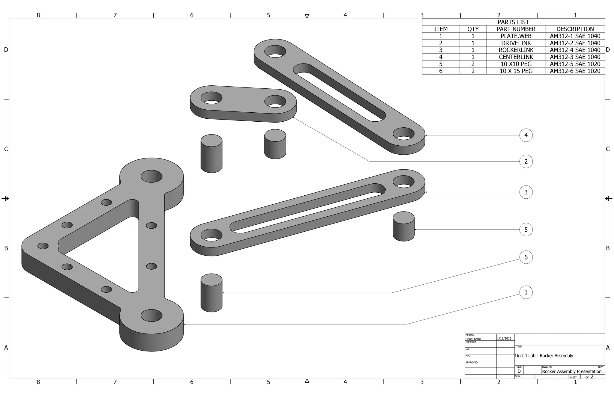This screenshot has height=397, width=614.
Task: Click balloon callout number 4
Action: coord(526,135)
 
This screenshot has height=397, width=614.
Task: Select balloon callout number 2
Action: coord(526,161)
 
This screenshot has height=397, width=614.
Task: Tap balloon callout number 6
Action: coord(526,257)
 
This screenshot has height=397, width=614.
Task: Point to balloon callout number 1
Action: coord(526,292)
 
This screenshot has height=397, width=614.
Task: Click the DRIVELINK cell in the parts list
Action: coord(516,43)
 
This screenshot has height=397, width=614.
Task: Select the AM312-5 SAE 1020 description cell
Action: coord(575,64)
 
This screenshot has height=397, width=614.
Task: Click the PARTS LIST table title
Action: coord(513,22)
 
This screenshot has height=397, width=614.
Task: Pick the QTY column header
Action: coord(473,29)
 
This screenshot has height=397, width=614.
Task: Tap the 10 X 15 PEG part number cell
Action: coord(516,71)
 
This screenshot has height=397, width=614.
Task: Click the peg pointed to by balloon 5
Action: coord(404,227)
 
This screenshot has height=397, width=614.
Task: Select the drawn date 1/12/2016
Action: coord(504,339)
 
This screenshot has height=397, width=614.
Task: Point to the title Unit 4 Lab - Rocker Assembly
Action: coord(544,356)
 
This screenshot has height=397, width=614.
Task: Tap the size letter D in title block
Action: coord(519,372)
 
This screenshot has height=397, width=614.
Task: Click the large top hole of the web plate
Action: coord(151,176)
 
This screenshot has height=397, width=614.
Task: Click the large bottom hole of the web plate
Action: coord(151,316)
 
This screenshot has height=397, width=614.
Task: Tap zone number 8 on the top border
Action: coord(38,15)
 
